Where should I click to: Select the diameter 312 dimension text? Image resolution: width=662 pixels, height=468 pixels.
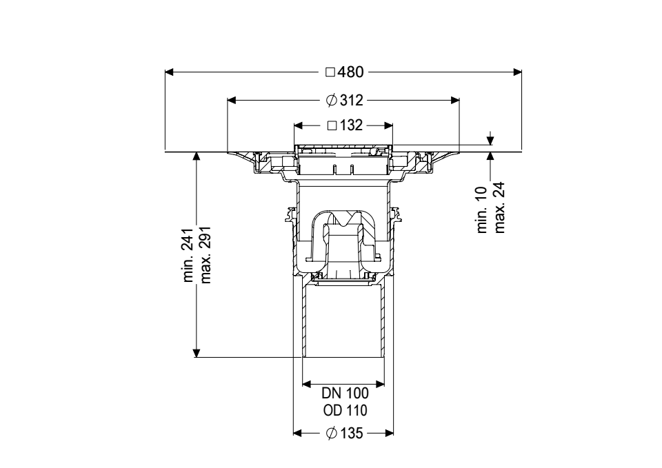[343, 100]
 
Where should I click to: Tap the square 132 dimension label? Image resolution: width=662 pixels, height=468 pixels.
[343, 126]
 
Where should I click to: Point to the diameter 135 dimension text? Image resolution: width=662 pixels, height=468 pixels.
[343, 434]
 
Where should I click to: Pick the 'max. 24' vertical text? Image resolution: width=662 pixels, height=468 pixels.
[499, 207]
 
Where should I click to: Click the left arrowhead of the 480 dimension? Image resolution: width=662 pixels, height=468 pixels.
[170, 72]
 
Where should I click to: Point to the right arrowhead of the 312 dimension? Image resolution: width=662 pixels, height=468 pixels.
[455, 100]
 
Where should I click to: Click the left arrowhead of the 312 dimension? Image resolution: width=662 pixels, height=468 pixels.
[232, 100]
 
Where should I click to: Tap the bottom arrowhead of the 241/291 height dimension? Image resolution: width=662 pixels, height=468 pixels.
[197, 352]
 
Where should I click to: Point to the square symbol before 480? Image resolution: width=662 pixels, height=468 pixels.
[330, 72]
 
